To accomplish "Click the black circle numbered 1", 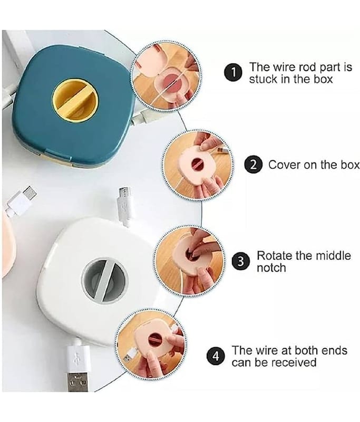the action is (x=233, y=73).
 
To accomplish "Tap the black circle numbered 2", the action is (x=253, y=165).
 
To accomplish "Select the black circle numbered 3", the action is (x=241, y=261).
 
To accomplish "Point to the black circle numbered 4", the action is (x=216, y=357).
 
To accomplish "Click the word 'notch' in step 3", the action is (x=271, y=268).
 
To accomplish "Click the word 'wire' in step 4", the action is (x=266, y=351).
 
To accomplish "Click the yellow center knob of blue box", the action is (x=75, y=100).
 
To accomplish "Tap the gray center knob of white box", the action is (x=104, y=280).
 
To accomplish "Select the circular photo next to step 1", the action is (x=166, y=76).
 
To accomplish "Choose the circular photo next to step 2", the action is (x=198, y=165).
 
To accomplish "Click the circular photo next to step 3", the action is (x=190, y=261).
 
